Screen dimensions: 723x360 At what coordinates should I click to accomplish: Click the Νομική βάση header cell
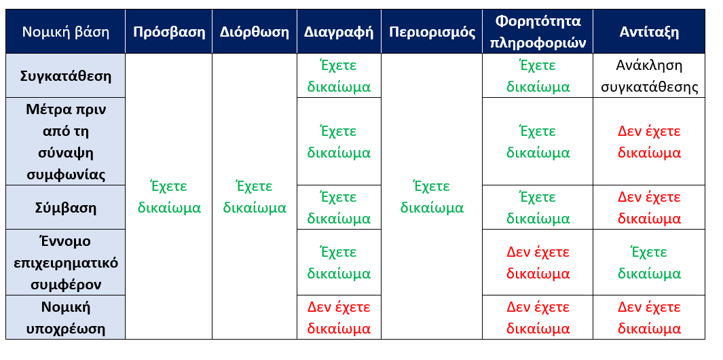(x=65, y=31)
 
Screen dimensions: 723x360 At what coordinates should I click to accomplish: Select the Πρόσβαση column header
(x=169, y=31)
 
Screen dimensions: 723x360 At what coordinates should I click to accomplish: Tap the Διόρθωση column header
(x=255, y=31)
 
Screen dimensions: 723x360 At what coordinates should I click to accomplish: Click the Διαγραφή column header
(x=339, y=31)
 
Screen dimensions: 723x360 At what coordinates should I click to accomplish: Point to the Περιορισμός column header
(x=432, y=31)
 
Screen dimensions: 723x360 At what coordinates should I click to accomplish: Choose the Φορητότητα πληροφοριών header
(x=538, y=31)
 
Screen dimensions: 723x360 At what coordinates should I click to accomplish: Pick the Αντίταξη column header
(x=649, y=31)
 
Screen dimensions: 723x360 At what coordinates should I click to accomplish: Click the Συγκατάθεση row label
(x=65, y=75)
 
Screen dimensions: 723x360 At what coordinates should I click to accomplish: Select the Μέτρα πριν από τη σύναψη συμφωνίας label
(x=65, y=142)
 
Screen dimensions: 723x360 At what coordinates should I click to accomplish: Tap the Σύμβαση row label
(x=65, y=207)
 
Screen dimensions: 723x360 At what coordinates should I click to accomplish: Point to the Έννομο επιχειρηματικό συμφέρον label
(x=65, y=262)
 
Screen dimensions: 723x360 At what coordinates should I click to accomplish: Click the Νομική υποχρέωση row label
(x=65, y=317)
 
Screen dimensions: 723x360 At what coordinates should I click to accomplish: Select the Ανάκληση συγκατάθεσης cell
(x=649, y=75)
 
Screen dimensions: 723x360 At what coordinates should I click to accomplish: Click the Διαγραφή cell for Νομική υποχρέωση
(x=339, y=317)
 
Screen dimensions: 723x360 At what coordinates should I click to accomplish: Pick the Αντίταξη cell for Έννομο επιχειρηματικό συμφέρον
(x=649, y=262)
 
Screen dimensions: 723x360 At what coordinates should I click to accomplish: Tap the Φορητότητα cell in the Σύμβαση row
(x=538, y=207)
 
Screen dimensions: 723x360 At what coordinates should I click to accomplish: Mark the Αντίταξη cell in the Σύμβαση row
(x=649, y=207)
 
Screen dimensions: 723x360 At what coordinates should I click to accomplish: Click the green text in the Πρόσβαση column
(x=169, y=197)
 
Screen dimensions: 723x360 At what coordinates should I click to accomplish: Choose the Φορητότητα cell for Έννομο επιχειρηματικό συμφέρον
(x=538, y=262)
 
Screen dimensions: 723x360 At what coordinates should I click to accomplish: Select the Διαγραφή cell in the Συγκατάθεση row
(x=339, y=75)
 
